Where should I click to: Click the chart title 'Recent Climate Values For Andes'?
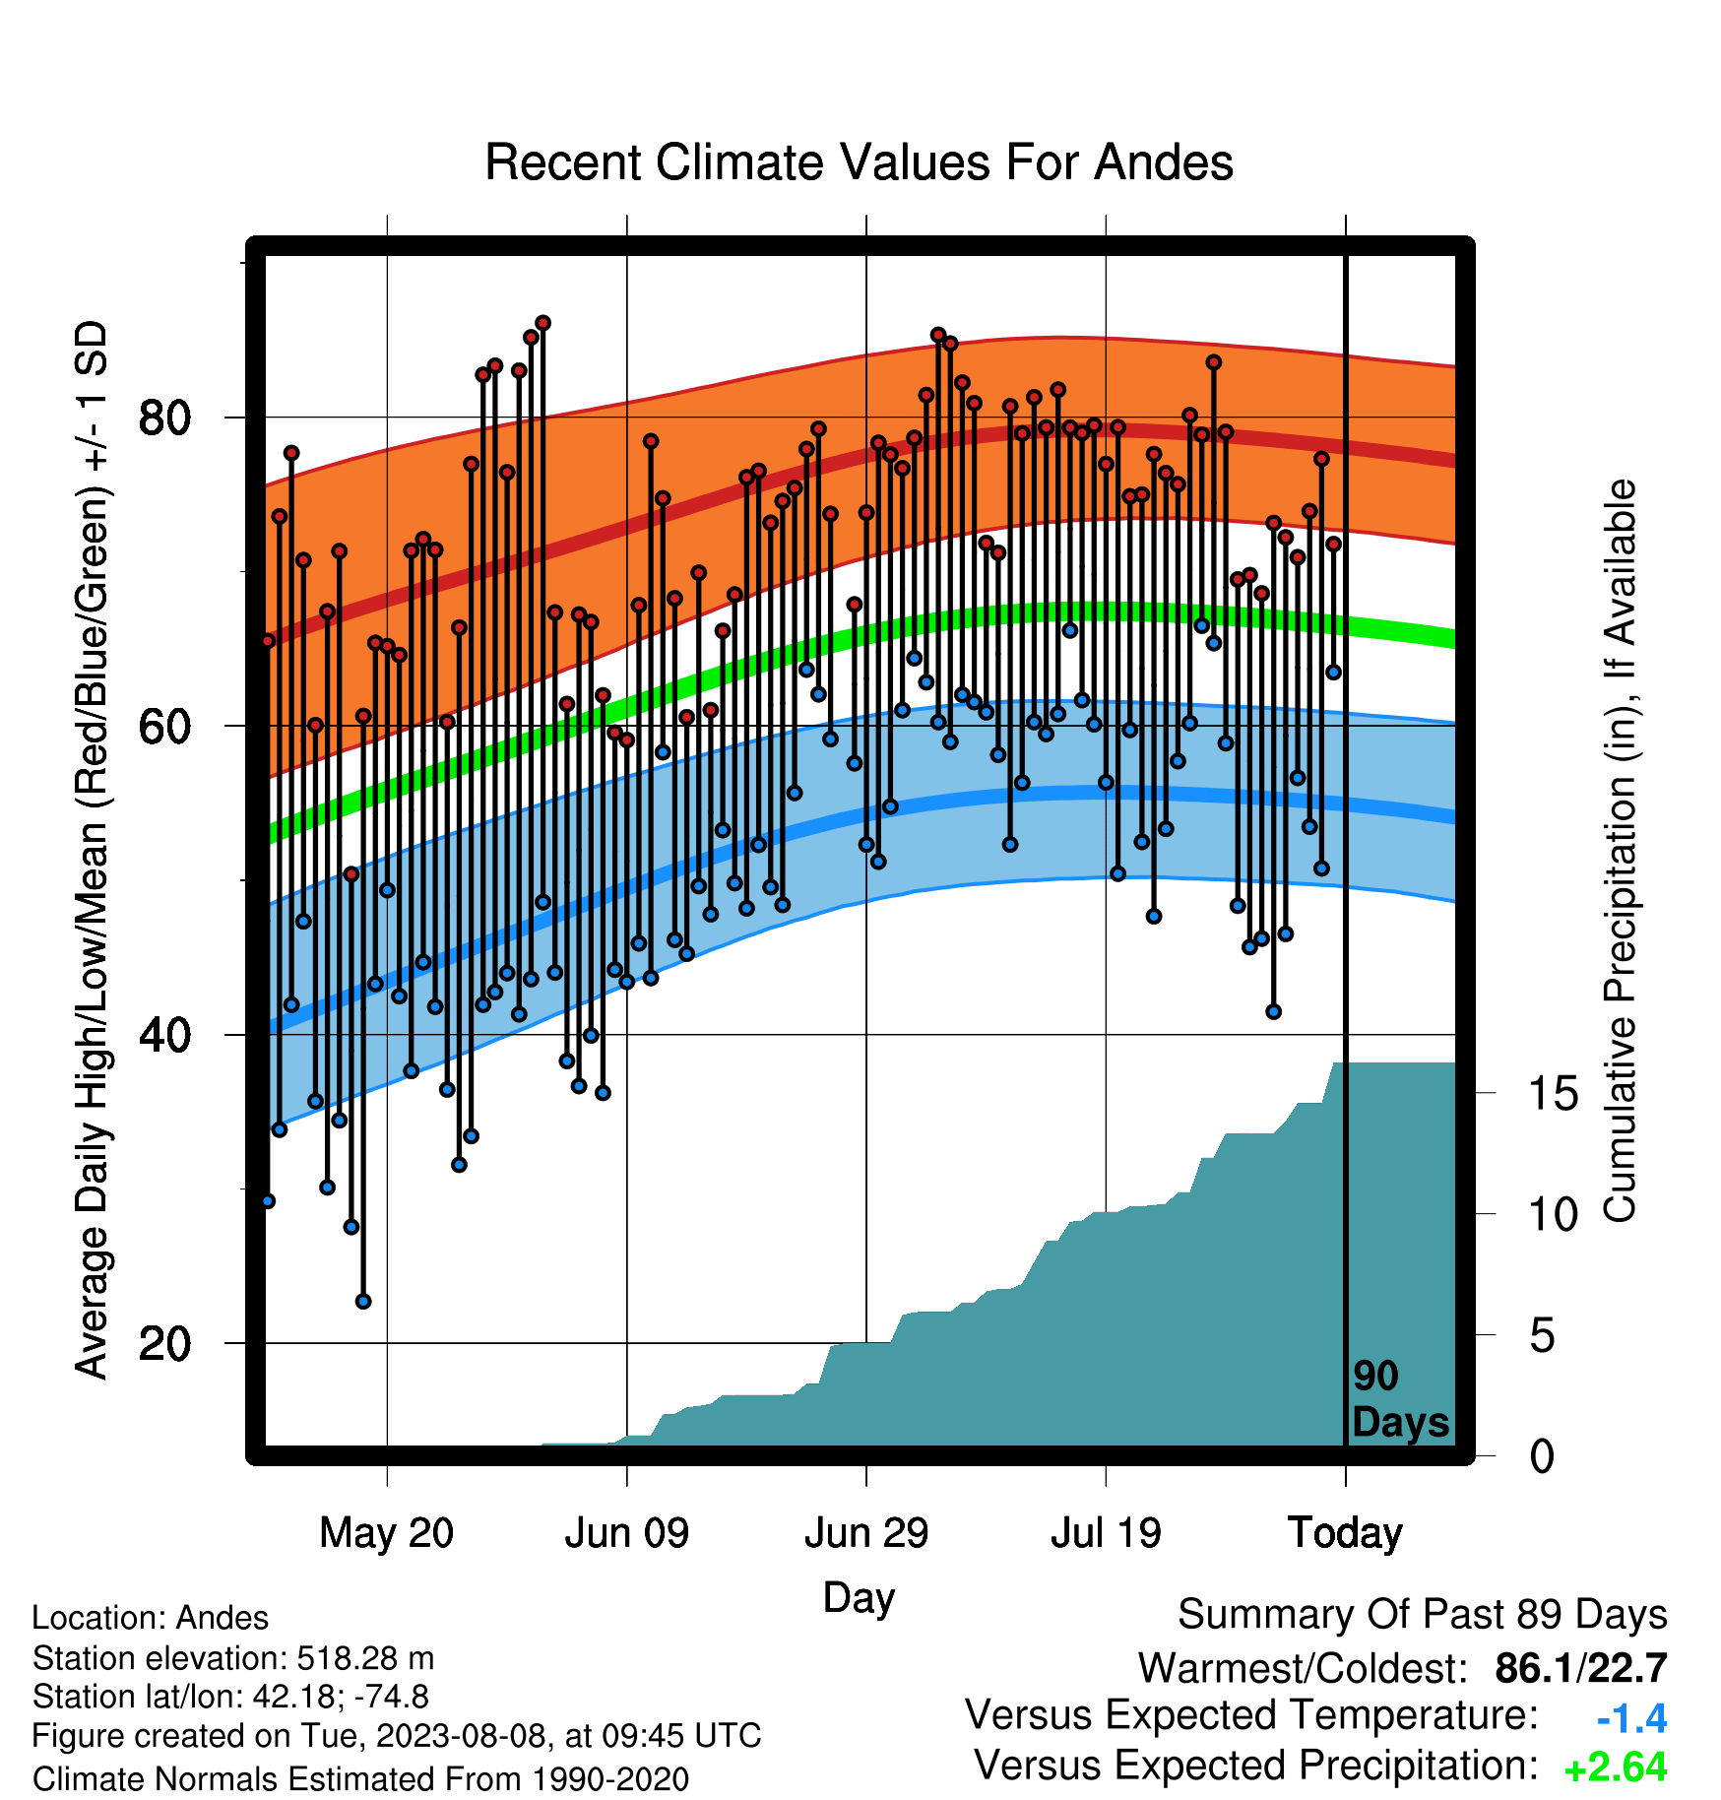(x=859, y=162)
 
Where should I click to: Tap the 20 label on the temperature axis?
(x=164, y=1343)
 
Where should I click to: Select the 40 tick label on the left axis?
(x=164, y=1035)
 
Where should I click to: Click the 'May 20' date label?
(x=387, y=1533)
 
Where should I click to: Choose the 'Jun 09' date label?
(x=627, y=1533)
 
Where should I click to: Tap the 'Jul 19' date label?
(x=1106, y=1533)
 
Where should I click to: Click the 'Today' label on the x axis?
(x=1345, y=1533)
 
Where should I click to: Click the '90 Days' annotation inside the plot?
(x=1400, y=1399)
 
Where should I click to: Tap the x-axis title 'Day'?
(x=859, y=1598)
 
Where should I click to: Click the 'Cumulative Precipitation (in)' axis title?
(x=1620, y=852)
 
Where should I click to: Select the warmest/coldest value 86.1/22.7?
(x=1581, y=1668)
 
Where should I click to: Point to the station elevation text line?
(x=233, y=1658)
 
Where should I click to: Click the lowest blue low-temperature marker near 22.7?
(x=363, y=1302)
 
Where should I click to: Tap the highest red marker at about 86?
(x=542, y=323)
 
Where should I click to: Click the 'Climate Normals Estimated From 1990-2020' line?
(x=360, y=1779)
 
